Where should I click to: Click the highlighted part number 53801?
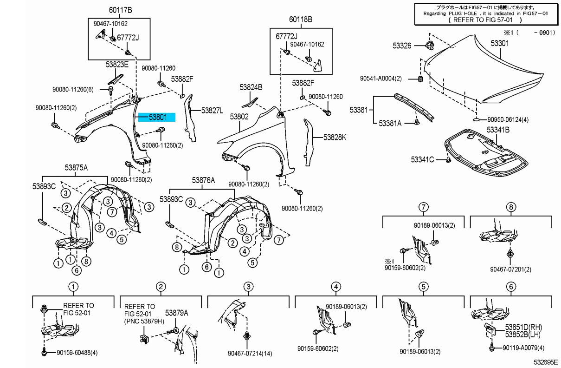tap(158, 117)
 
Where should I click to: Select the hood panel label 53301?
tap(500, 43)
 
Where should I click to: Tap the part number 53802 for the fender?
tap(239, 117)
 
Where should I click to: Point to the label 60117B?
tap(120, 10)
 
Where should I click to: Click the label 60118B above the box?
tap(301, 20)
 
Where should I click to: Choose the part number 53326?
tap(402, 46)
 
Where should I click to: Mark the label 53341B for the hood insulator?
tap(498, 130)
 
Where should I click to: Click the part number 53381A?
tap(390, 123)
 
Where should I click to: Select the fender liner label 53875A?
tap(76, 168)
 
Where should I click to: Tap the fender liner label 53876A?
tap(203, 180)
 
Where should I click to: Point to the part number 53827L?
tap(212, 111)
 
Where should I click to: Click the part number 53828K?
tap(335, 137)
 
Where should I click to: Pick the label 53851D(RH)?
tap(523, 327)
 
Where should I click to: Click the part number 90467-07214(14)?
tap(250, 354)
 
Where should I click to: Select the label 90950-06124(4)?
tap(508, 120)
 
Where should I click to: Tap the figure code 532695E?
tap(546, 362)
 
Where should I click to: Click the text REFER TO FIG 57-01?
tap(483, 20)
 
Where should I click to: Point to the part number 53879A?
tap(176, 313)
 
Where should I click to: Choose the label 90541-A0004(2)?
tap(380, 79)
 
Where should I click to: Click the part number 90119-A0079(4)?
tap(523, 348)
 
